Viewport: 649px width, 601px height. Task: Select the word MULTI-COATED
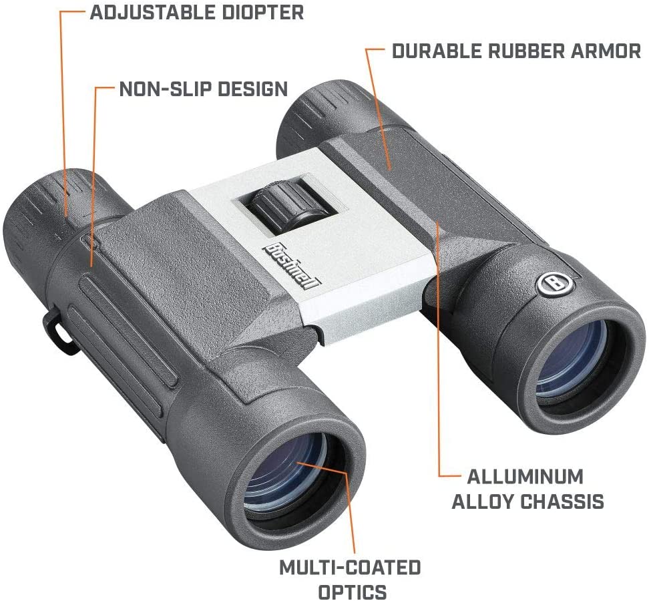point(350,568)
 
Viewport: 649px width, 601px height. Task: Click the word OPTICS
point(352,592)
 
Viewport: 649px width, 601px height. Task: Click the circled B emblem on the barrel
point(553,283)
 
